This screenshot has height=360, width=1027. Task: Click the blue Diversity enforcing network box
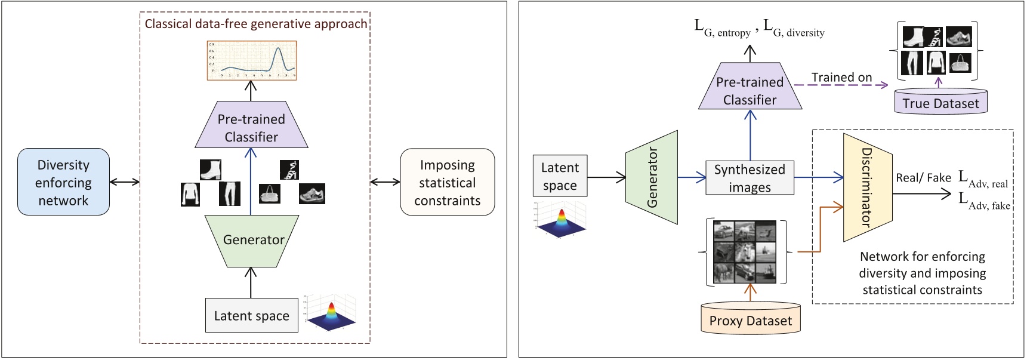tap(63, 182)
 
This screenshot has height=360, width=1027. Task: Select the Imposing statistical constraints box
tap(447, 182)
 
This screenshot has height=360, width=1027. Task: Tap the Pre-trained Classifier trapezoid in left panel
tap(251, 127)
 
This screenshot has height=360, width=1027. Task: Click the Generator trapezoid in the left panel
tap(252, 239)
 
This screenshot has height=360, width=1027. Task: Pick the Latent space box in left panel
tap(251, 315)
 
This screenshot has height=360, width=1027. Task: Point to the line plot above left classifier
tap(252, 60)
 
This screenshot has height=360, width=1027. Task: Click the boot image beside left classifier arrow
tap(210, 170)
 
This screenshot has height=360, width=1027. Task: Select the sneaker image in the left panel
tap(312, 193)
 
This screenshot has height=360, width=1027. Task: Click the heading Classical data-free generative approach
tap(256, 24)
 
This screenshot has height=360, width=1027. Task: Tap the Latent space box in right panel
tap(559, 176)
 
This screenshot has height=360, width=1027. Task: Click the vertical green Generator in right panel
tap(652, 177)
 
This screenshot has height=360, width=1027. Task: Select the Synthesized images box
tap(750, 178)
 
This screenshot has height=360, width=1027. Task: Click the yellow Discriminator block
tap(866, 187)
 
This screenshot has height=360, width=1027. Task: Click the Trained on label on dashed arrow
tap(841, 77)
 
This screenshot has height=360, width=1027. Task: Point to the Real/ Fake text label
tap(923, 177)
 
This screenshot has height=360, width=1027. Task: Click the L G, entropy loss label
tap(722, 28)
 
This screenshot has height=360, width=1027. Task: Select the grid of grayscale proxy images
tap(745, 251)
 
